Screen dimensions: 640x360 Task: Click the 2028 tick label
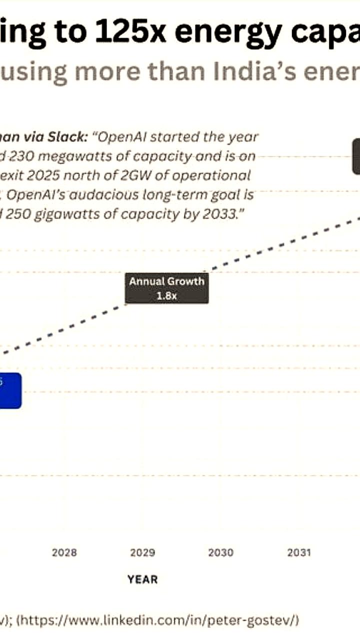pos(64,552)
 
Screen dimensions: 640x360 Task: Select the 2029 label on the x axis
pos(142,552)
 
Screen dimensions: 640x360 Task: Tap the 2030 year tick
pos(220,552)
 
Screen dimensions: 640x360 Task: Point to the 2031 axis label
pos(298,552)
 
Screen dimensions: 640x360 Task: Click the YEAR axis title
pos(142,579)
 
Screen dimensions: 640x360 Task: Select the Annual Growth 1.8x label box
pos(166,288)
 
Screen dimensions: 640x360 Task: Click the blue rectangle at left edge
pos(10,390)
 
